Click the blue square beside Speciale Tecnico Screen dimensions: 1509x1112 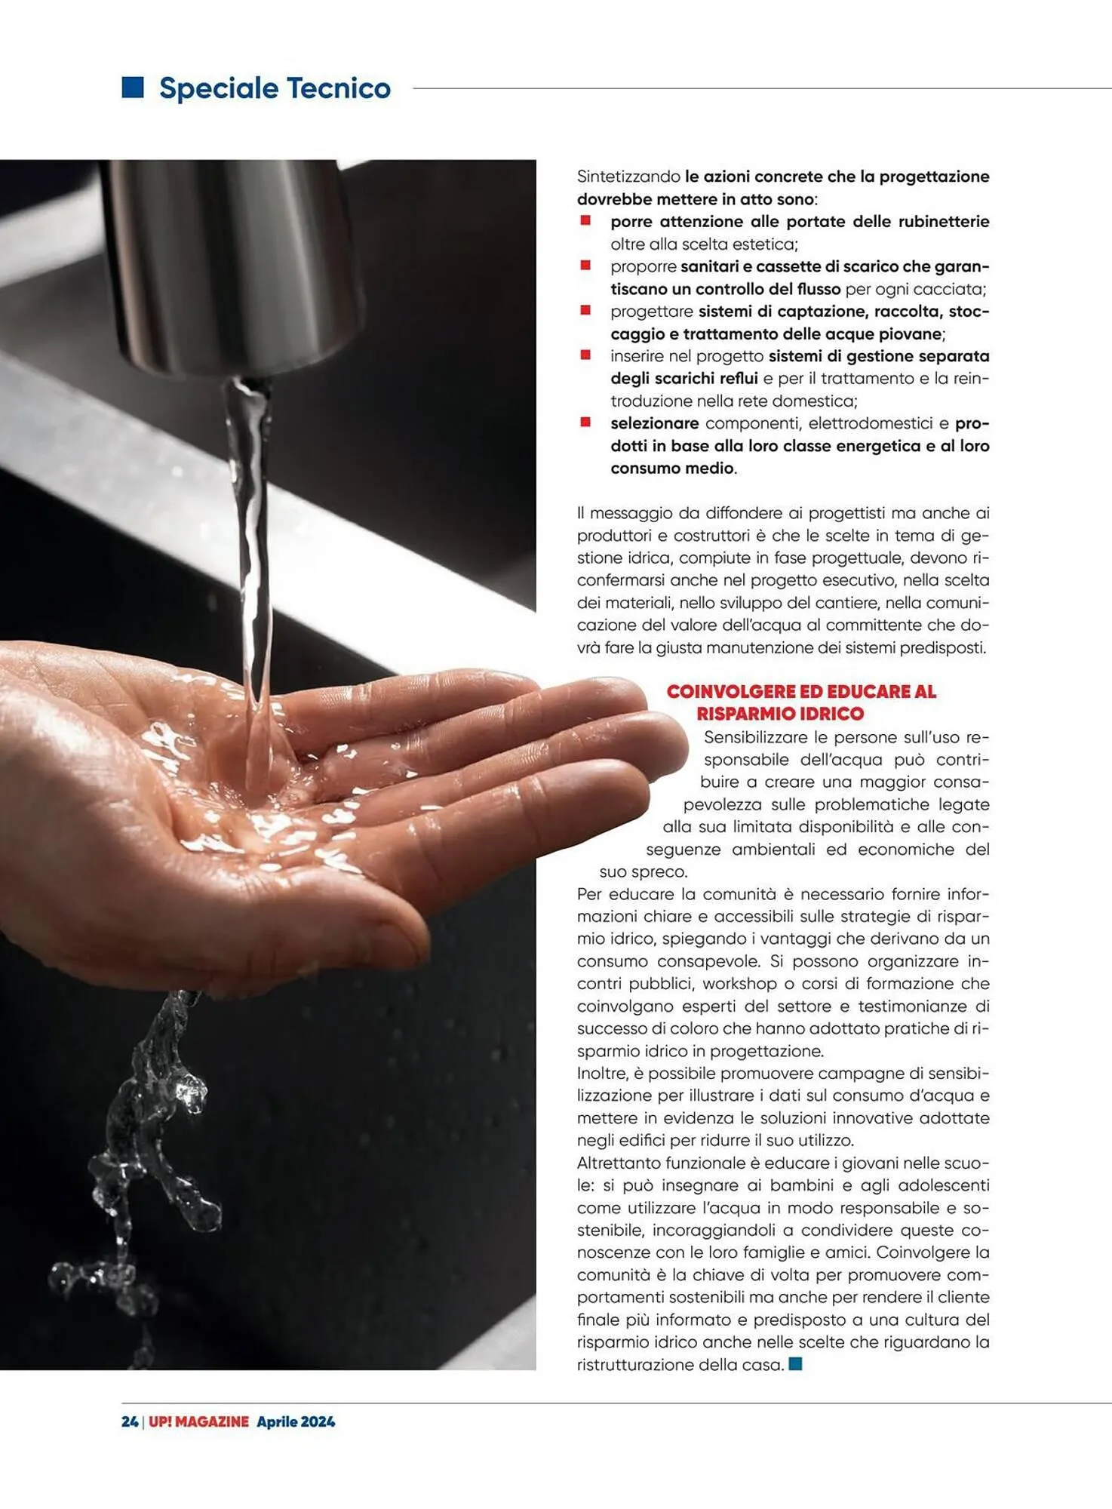pos(133,88)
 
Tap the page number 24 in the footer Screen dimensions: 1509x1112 pos(129,1421)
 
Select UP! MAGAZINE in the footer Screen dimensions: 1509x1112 pos(198,1421)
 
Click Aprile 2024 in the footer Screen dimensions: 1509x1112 pos(296,1421)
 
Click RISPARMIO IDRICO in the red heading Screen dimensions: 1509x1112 pos(780,714)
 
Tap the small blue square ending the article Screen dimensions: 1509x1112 pos(795,1364)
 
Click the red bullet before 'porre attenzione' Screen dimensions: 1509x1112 pos(585,220)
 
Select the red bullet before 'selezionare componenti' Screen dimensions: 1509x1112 pos(585,422)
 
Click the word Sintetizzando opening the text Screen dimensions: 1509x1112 pos(628,177)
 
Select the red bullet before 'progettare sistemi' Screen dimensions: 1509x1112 pos(585,310)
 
